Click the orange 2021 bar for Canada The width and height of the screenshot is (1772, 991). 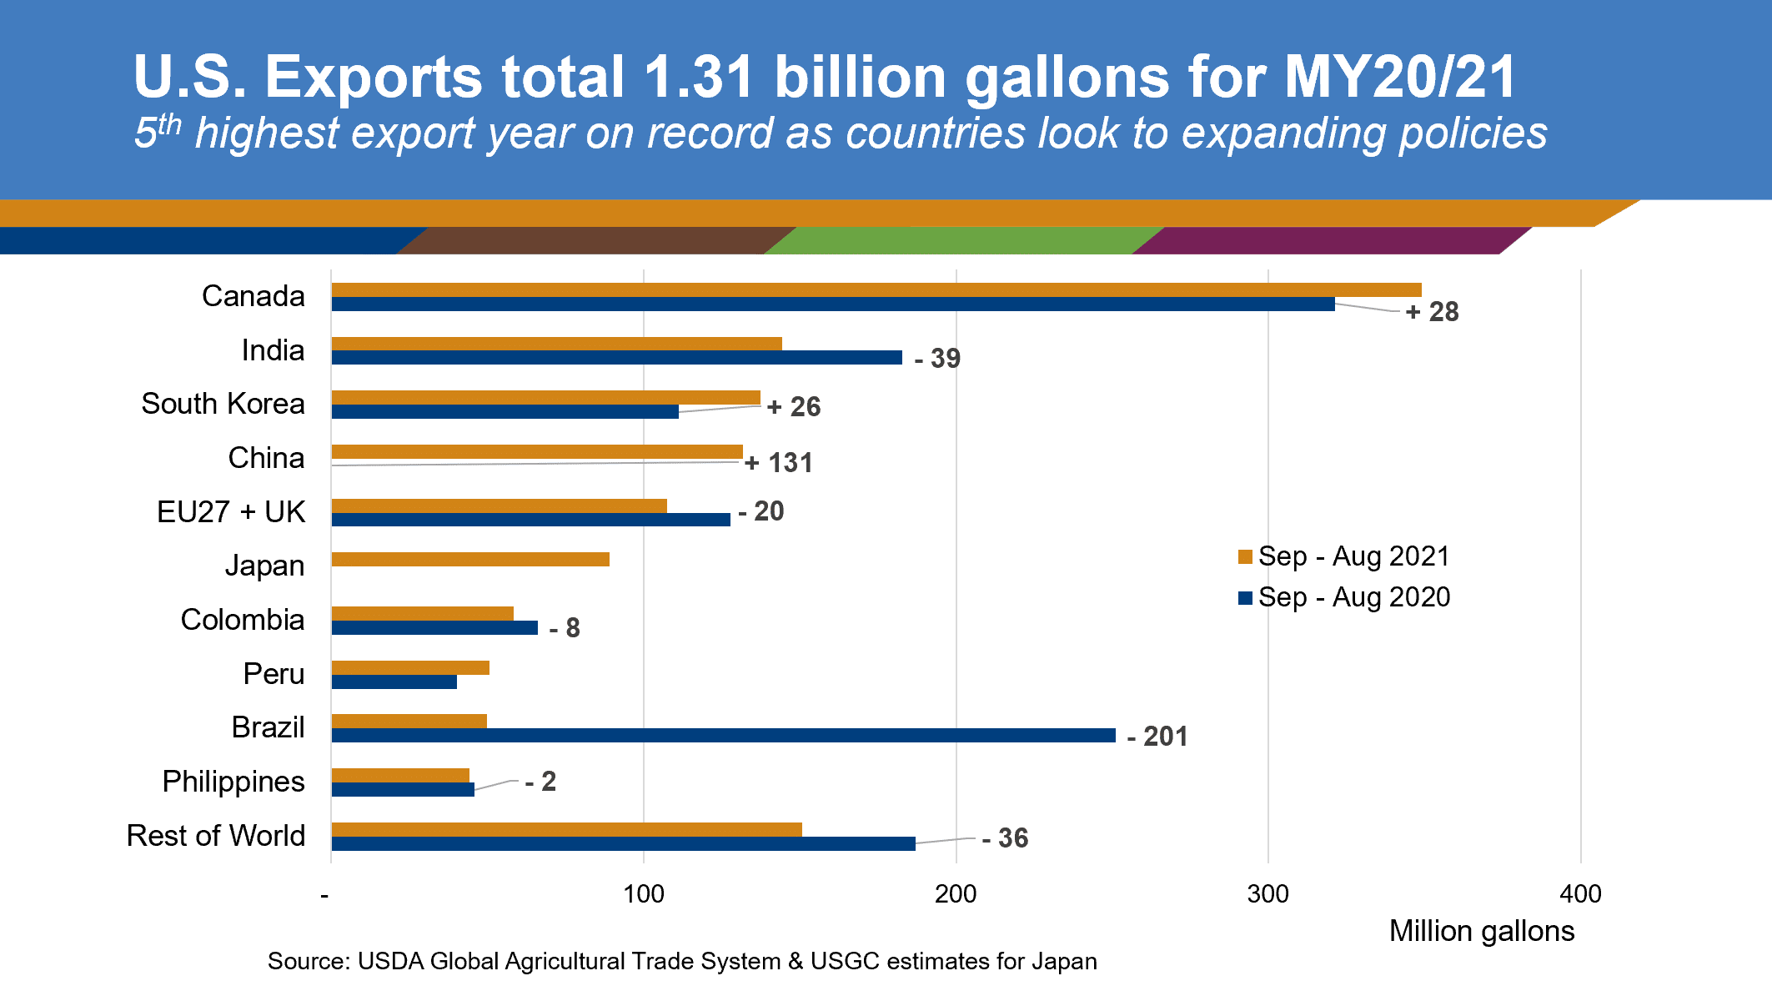coord(876,289)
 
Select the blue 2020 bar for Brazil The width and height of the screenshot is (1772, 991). coord(723,735)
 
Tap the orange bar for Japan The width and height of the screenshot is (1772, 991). coord(470,559)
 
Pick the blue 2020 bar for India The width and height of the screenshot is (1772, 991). coord(616,357)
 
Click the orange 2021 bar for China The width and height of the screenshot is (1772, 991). coord(537,451)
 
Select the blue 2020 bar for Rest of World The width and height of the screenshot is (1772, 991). coord(623,843)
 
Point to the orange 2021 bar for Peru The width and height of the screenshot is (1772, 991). coord(410,667)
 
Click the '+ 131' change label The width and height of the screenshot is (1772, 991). coord(779,462)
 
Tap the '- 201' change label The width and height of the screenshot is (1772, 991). coord(1157,736)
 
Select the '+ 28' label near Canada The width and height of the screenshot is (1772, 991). coord(1433,312)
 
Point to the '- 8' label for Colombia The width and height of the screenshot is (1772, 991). coord(565,627)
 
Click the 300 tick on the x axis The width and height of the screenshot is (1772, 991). coord(1268,894)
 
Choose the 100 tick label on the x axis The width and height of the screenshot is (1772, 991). coord(644,894)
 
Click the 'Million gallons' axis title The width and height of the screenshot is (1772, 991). coord(1482,931)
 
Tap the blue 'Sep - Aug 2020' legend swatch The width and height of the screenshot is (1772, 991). coord(1246,597)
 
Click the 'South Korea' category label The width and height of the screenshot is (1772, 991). coord(223,404)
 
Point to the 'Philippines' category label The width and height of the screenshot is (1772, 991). coord(233,782)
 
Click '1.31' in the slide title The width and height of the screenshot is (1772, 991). coord(699,77)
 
